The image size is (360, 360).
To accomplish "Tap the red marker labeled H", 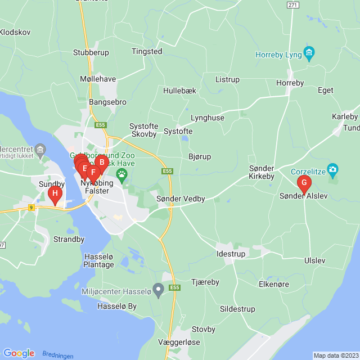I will [55, 195].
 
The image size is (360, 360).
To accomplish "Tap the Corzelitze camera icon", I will [332, 169].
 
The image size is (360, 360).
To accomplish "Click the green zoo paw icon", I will [121, 173].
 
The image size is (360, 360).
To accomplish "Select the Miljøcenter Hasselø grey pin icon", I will [159, 290].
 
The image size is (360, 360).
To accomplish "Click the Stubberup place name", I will [91, 52].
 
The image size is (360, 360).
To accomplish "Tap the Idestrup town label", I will [231, 254].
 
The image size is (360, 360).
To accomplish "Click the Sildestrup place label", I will [237, 309].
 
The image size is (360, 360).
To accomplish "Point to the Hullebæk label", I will [178, 90].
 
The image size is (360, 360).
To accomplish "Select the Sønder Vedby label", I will [181, 199].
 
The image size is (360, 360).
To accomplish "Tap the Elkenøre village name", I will [273, 284].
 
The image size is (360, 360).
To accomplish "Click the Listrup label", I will [227, 79].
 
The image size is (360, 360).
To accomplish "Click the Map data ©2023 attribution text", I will [335, 355].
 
